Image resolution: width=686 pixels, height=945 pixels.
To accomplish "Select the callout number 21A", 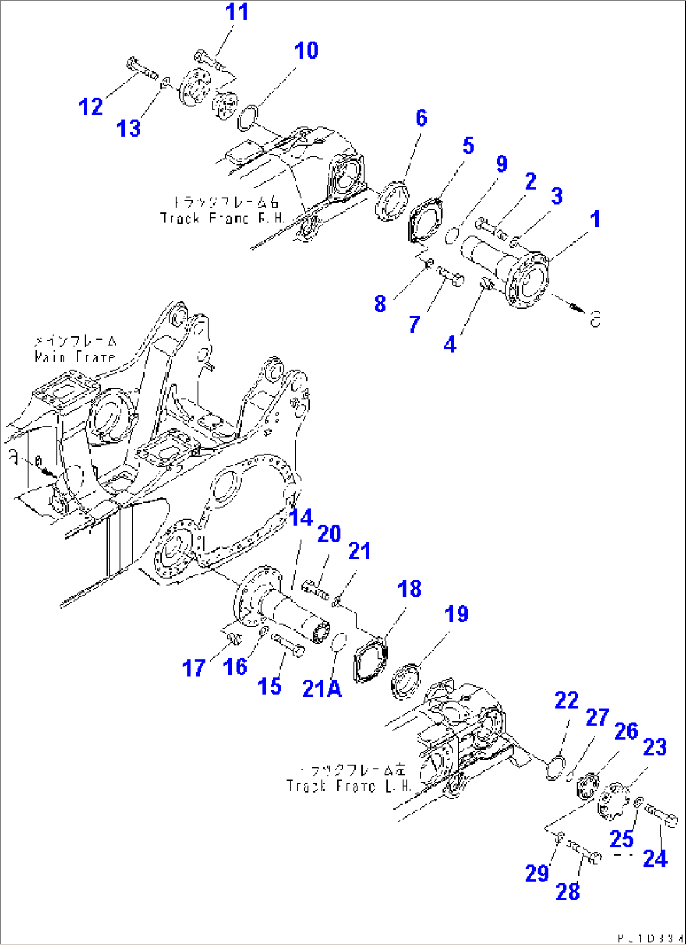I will point(322,689).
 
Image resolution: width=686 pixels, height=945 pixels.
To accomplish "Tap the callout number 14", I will point(301,518).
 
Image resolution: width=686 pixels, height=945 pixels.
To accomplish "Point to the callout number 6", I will point(420,118).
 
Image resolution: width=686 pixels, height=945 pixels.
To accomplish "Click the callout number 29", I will point(537,874).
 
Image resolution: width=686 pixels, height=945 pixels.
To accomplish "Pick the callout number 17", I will point(193,667).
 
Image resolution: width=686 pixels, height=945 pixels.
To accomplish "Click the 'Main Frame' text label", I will point(75,350).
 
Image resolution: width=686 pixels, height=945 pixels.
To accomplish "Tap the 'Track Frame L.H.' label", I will point(350,779).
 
